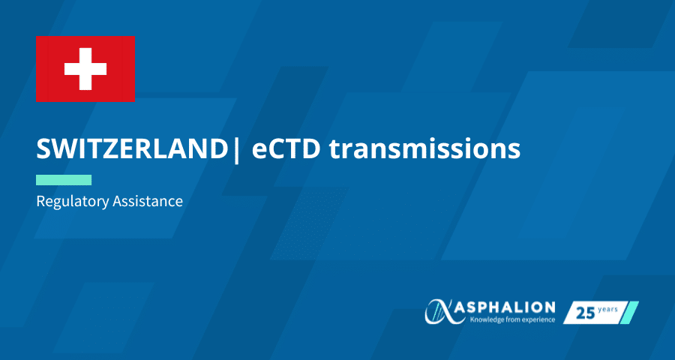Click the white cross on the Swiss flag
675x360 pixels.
pyautogui.click(x=85, y=69)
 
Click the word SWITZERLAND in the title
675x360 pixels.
pyautogui.click(x=132, y=149)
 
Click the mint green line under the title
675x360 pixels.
pyautogui.click(x=64, y=180)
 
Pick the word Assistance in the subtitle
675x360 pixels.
pyautogui.click(x=148, y=201)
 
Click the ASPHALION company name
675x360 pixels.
pyautogui.click(x=503, y=307)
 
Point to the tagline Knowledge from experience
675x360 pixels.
pyautogui.click(x=512, y=320)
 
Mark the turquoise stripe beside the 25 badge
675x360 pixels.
pyautogui.click(x=631, y=313)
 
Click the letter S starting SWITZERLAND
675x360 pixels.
pyautogui.click(x=43, y=149)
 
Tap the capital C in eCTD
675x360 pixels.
pyautogui.click(x=272, y=149)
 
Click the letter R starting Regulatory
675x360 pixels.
pyautogui.click(x=40, y=201)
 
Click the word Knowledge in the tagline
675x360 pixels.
pyautogui.click(x=485, y=320)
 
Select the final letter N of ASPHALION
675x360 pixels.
pyautogui.click(x=549, y=307)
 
